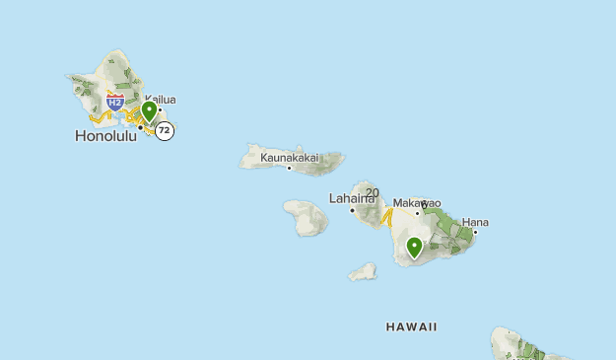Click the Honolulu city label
pyautogui.click(x=105, y=136)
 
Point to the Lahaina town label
pyautogui.click(x=352, y=198)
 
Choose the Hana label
pyautogui.click(x=475, y=222)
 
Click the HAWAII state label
pyautogui.click(x=412, y=326)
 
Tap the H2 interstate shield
pyautogui.click(x=115, y=101)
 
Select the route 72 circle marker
pyautogui.click(x=165, y=130)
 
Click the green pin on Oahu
pyautogui.click(x=149, y=110)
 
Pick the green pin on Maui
pyautogui.click(x=415, y=247)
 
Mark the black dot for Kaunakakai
pyautogui.click(x=289, y=168)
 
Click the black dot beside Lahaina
pyautogui.click(x=352, y=209)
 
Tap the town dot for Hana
pyautogui.click(x=475, y=233)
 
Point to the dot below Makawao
pyautogui.click(x=417, y=212)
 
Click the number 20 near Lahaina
pyautogui.click(x=372, y=192)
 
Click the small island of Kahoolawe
pyautogui.click(x=364, y=270)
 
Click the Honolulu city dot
pyautogui.click(x=140, y=126)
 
